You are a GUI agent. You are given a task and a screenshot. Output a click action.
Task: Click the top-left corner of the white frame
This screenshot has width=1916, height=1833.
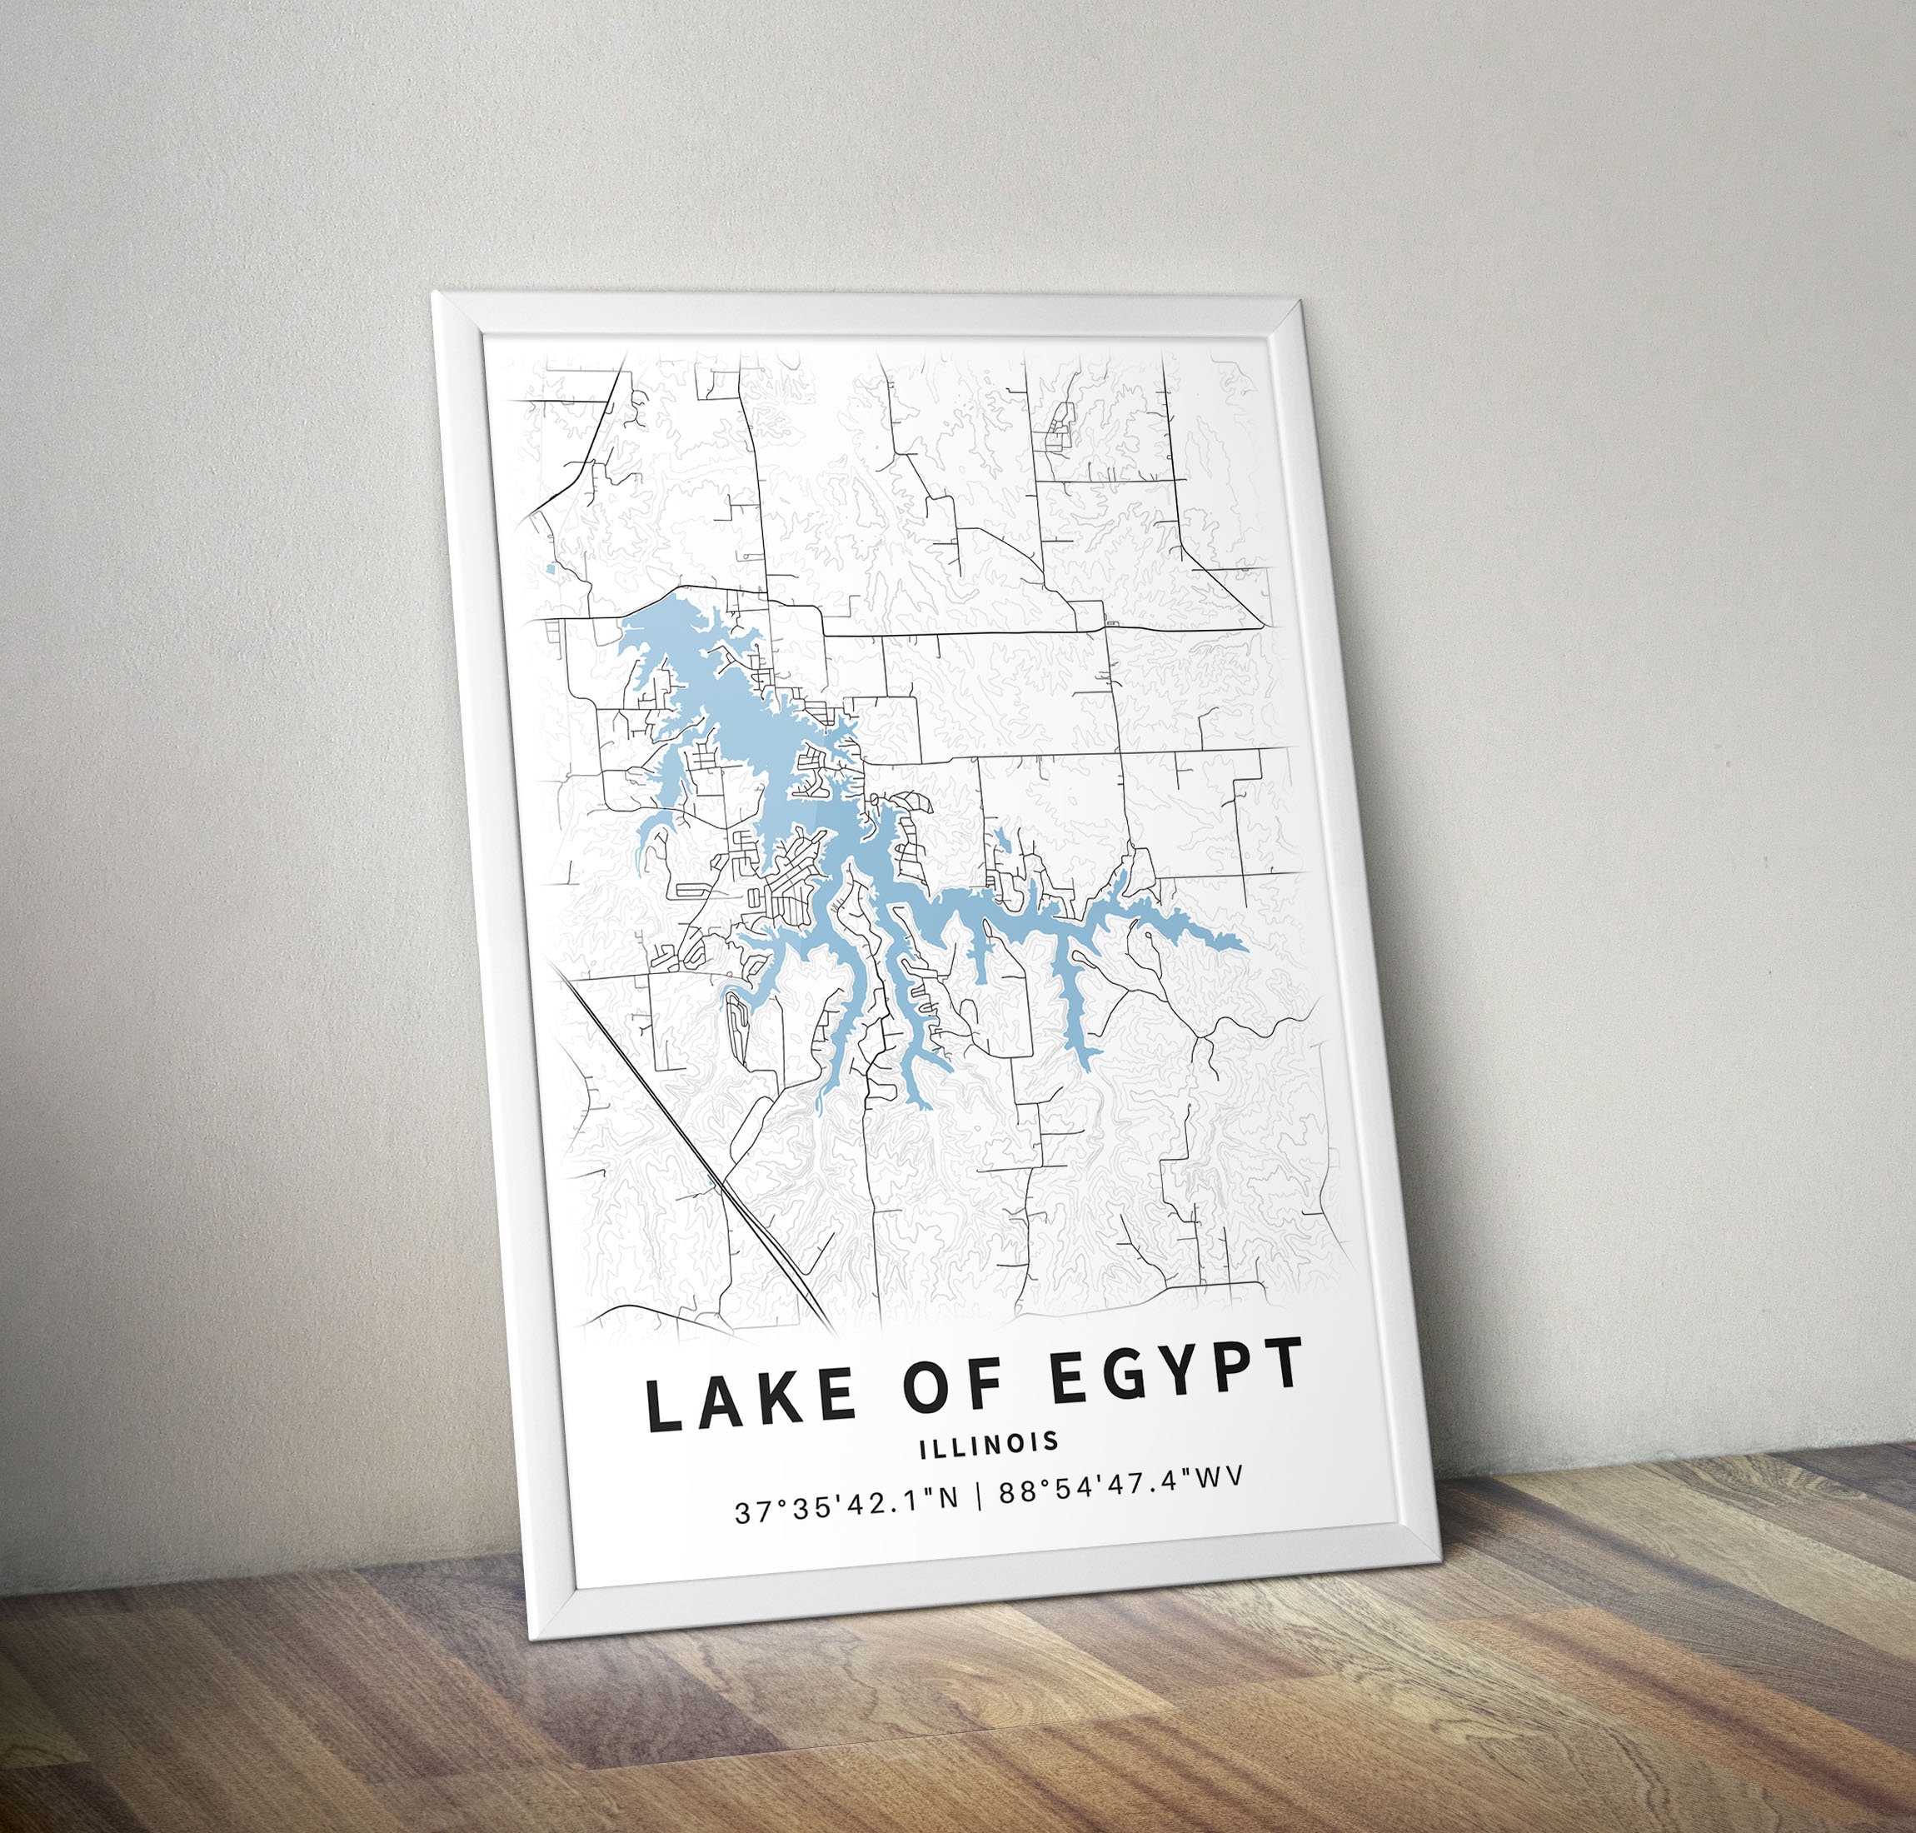(436, 293)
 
